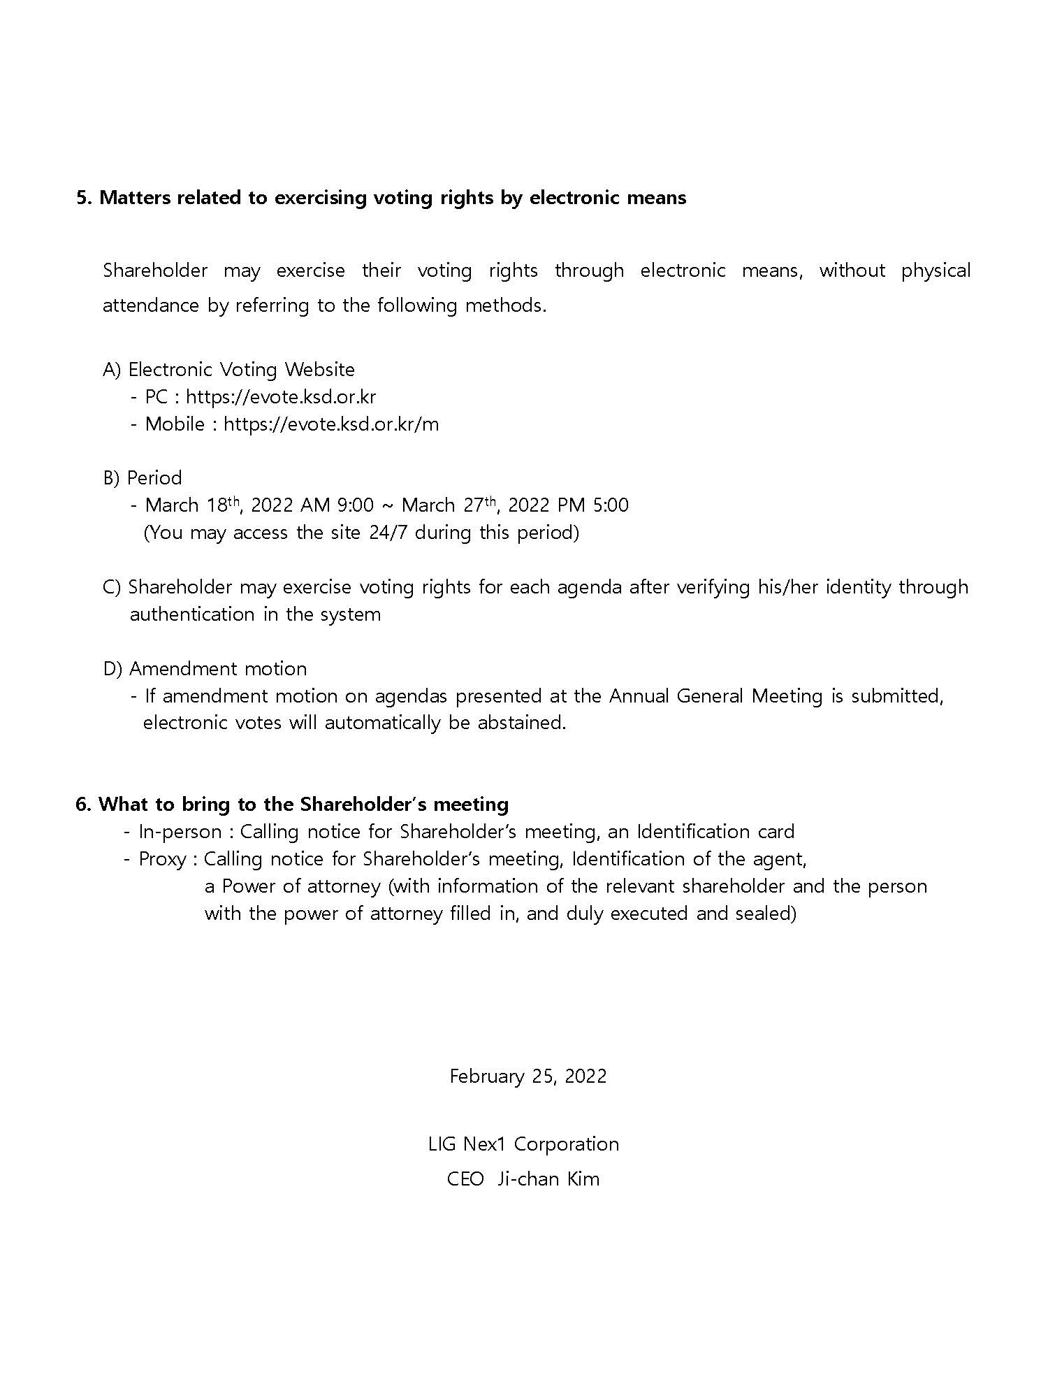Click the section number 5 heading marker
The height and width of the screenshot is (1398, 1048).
pos(83,198)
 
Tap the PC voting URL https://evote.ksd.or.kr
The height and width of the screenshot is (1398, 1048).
pos(281,397)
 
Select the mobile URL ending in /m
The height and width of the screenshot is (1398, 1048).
pos(331,424)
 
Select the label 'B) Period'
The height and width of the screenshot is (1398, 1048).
pos(143,478)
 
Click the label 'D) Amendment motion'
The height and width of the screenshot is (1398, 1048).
pos(205,669)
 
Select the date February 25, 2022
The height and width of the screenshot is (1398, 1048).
pos(528,1076)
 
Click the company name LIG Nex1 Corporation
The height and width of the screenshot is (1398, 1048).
pos(524,1144)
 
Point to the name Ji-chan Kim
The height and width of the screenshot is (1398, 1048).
pos(548,1179)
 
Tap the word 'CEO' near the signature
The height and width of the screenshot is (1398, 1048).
pos(465,1179)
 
